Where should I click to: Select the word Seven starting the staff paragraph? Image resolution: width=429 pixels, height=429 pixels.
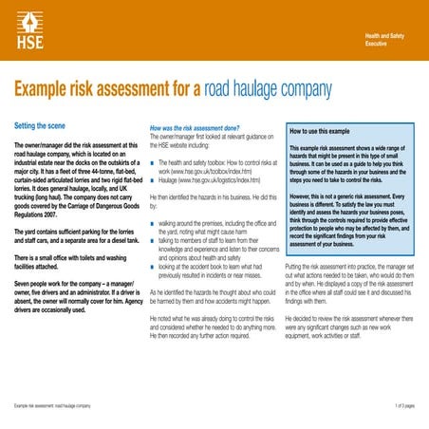pyautogui.click(x=25, y=284)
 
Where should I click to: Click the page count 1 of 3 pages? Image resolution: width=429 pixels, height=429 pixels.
pyautogui.click(x=403, y=406)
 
